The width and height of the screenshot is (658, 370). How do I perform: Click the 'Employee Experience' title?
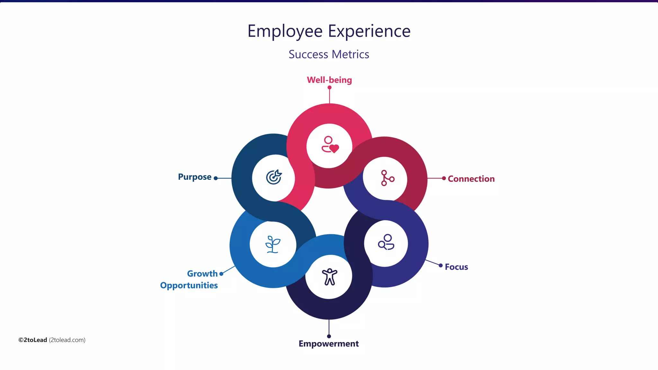[x=329, y=31]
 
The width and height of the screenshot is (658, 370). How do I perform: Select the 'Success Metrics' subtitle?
[x=329, y=54]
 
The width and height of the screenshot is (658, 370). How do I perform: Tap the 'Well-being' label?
[x=329, y=80]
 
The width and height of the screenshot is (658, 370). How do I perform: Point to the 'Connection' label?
[x=471, y=179]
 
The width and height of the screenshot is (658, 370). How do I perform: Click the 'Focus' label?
[x=456, y=267]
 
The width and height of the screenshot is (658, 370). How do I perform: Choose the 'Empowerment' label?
[x=328, y=344]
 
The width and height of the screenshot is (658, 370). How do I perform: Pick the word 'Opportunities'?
[x=189, y=285]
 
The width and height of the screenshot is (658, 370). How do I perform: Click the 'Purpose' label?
[x=195, y=177]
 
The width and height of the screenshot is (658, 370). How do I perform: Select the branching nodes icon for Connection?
[x=387, y=178]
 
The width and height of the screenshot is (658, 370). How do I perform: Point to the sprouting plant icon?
[x=273, y=244]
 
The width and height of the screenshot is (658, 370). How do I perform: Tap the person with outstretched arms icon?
[x=329, y=277]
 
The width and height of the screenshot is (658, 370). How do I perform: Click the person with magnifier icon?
[x=386, y=242]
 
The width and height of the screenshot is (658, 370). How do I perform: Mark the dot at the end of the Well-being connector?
[x=329, y=87]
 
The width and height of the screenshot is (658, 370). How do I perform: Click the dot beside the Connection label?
[x=444, y=178]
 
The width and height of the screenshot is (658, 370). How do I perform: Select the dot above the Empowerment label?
[x=329, y=336]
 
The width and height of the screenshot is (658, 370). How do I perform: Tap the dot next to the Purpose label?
[x=216, y=178]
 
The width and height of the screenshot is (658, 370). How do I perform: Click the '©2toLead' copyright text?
[x=33, y=340]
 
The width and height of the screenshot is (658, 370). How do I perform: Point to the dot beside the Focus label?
[x=440, y=265]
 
